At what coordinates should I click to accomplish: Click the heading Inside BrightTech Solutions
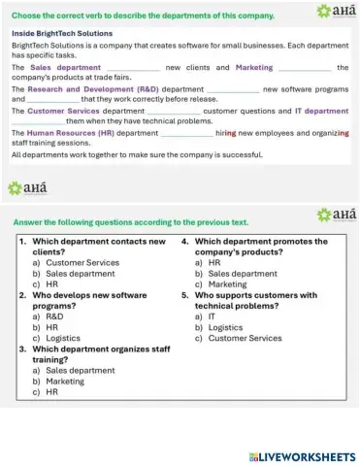click(62, 32)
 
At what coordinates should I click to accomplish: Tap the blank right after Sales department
click(131, 68)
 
